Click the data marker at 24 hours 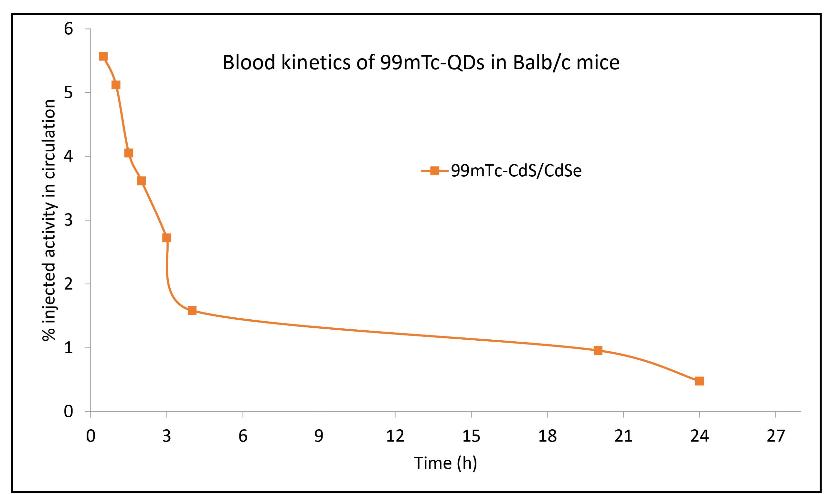point(699,381)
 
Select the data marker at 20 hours point(598,350)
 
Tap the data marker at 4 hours point(192,311)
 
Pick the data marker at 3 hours point(166,238)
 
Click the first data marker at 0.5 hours point(103,56)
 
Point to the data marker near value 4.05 point(128,153)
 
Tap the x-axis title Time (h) point(445,463)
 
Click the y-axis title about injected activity point(49,220)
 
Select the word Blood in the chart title point(249,62)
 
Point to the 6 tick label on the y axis point(68,29)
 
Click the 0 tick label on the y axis point(68,412)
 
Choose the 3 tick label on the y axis point(68,220)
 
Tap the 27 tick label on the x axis point(775,436)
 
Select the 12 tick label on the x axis point(395,436)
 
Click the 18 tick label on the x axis point(547,436)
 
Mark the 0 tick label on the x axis point(90,436)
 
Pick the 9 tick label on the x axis point(319,436)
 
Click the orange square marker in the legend point(435,171)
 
